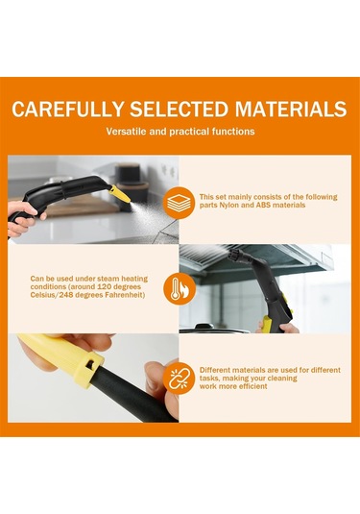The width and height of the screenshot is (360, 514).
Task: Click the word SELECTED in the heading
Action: [x=171, y=109]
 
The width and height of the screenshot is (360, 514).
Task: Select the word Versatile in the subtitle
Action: [x=128, y=132]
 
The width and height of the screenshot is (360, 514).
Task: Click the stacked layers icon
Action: [x=176, y=201]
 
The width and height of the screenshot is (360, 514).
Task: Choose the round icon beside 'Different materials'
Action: [x=176, y=377]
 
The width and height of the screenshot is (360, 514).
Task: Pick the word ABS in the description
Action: [x=259, y=206]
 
